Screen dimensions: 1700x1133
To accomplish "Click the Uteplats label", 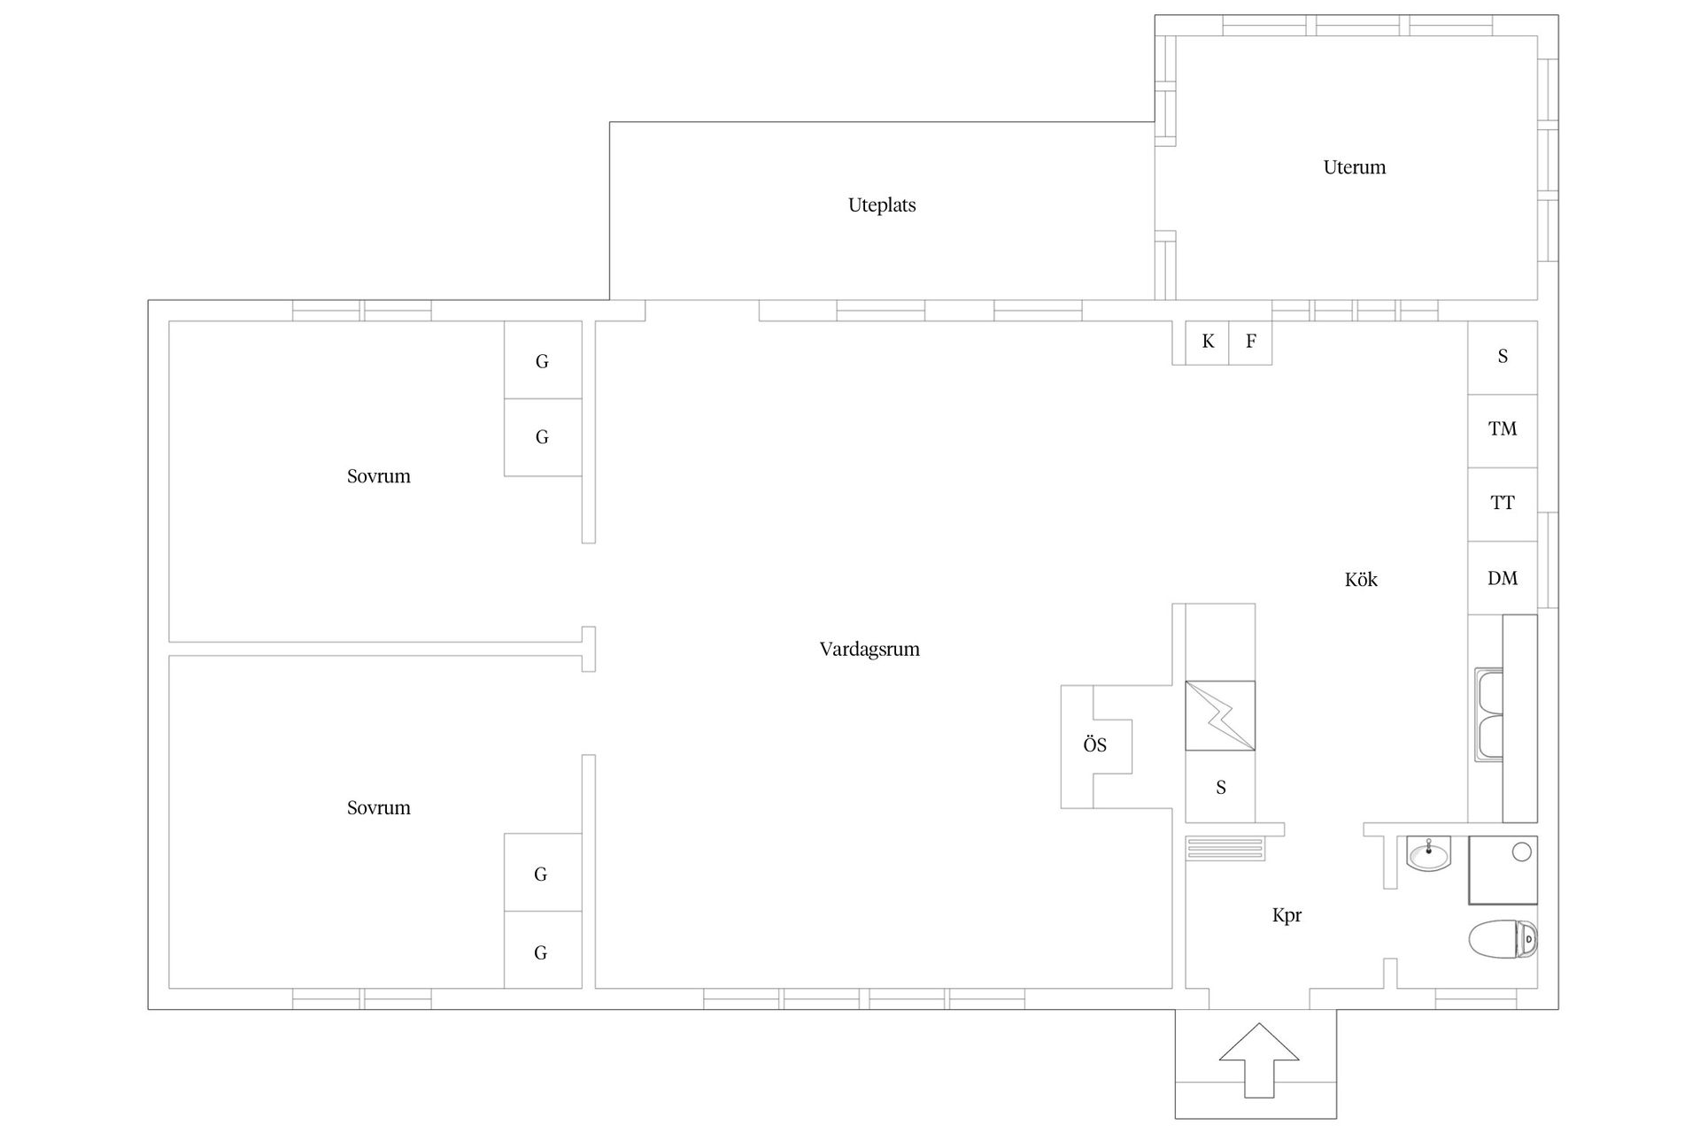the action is tap(882, 205).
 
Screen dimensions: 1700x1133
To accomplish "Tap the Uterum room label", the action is tap(1354, 167).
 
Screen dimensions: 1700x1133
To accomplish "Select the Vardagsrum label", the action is tap(869, 650).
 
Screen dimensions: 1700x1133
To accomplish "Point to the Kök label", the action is tap(1361, 580).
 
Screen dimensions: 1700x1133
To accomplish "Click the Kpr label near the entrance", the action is tap(1287, 916).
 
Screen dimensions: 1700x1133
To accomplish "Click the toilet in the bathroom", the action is tap(1503, 940).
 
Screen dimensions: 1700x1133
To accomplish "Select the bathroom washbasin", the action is tap(1429, 854).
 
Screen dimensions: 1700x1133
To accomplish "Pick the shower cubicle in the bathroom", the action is tap(1503, 870).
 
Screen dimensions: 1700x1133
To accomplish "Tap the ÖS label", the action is tap(1095, 745).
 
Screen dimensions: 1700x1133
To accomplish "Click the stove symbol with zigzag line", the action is tap(1220, 715).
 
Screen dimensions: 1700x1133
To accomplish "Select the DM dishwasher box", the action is tap(1503, 578).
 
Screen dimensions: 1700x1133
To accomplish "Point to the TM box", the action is tap(1503, 430).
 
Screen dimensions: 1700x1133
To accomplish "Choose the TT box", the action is tap(1503, 504).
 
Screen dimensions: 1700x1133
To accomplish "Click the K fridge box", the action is tap(1208, 343).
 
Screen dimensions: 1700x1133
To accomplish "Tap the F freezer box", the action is tap(1250, 343).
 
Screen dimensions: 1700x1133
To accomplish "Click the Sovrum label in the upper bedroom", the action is tap(379, 476).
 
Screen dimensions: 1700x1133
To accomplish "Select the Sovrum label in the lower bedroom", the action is tap(379, 808).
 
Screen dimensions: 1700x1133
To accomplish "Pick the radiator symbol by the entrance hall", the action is tap(1226, 849).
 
